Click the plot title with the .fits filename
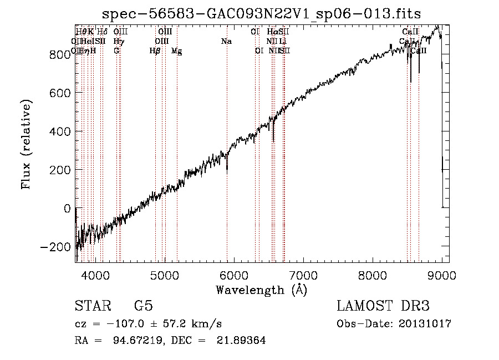262,14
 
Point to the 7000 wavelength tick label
303,276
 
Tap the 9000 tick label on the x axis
442,276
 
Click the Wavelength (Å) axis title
261,290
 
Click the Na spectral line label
226,42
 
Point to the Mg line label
176,51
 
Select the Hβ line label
155,51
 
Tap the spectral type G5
143,306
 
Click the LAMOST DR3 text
383,306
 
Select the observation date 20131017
425,323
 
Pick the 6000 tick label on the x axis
234,276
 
